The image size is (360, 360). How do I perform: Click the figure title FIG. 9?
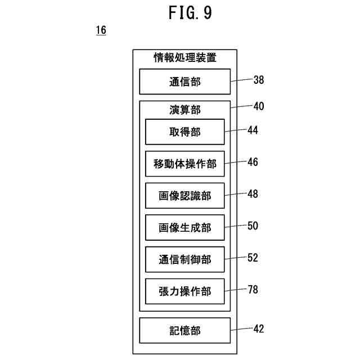tap(190, 12)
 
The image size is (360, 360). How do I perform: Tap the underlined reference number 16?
tap(101, 30)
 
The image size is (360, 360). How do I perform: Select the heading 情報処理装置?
tap(185, 57)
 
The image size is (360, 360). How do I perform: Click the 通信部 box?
tap(185, 82)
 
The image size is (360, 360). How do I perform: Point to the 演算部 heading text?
tap(185, 110)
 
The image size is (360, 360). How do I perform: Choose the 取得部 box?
tap(185, 132)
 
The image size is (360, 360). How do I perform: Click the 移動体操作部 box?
tap(185, 164)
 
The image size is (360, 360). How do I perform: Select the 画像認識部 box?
tap(185, 196)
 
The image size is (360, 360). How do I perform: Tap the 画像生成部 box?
tap(185, 227)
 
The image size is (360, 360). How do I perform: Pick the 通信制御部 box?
tap(185, 259)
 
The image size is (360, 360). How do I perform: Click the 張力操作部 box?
tap(185, 291)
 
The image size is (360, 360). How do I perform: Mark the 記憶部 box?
tap(185, 331)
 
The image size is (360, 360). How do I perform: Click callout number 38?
tap(259, 80)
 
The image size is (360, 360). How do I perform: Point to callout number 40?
tap(259, 106)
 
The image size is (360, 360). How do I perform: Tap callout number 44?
tap(253, 130)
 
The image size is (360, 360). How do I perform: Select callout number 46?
tap(253, 162)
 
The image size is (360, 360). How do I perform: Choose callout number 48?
tap(253, 194)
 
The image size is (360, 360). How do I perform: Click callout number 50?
tap(253, 226)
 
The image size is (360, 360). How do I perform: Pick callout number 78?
tap(253, 290)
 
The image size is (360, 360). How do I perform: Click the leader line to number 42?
tap(241, 329)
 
